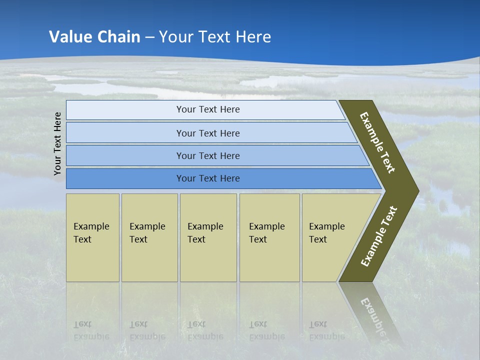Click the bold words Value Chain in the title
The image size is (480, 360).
coord(94,37)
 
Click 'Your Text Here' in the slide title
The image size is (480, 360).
coord(215,37)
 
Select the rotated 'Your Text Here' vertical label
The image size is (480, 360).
coord(57,143)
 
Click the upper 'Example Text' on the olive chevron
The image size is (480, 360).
coord(377,142)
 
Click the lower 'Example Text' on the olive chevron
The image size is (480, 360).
coord(378,236)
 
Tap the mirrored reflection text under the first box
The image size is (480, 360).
coord(91,330)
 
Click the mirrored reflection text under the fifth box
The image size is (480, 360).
coord(326,330)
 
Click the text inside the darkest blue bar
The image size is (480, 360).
coord(208,178)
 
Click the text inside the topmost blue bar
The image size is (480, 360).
coord(208,109)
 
